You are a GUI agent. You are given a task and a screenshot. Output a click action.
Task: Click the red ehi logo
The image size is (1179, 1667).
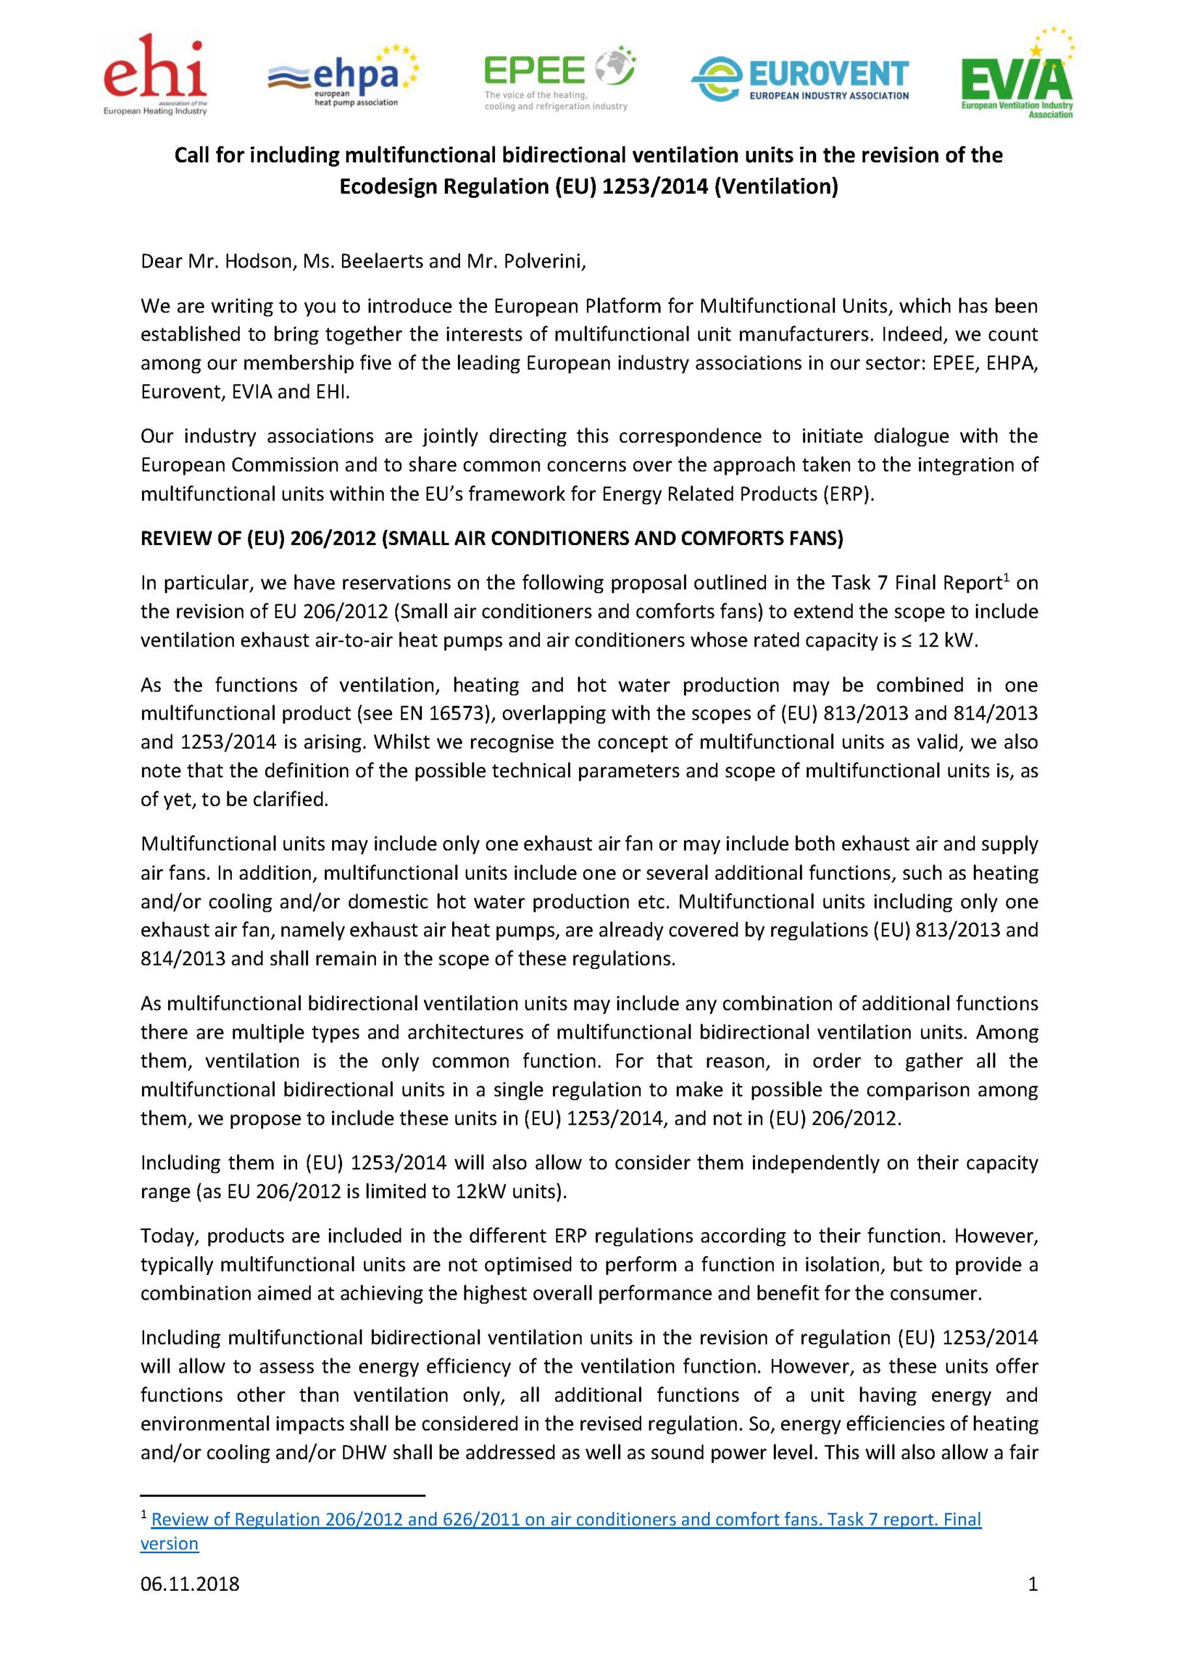(x=155, y=75)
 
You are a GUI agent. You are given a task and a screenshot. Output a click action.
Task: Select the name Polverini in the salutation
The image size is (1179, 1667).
(x=543, y=261)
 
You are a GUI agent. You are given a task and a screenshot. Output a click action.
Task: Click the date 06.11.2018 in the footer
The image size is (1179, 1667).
(x=190, y=1604)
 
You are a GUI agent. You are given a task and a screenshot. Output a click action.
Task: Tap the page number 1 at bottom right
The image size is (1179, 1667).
(x=1032, y=1604)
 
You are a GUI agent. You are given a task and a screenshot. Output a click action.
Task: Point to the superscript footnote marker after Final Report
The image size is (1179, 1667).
(x=1006, y=577)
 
